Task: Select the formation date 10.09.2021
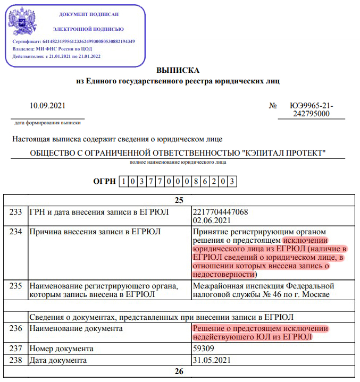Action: point(47,106)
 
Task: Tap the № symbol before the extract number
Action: point(273,106)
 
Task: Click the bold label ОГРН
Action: point(104,182)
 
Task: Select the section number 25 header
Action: point(178,200)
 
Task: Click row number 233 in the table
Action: point(16,212)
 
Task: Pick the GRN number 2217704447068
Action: point(221,212)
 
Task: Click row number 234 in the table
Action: point(16,232)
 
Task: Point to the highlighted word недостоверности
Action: point(222,274)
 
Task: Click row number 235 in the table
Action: point(16,286)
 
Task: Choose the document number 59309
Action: point(204,349)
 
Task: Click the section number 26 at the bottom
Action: point(178,371)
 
